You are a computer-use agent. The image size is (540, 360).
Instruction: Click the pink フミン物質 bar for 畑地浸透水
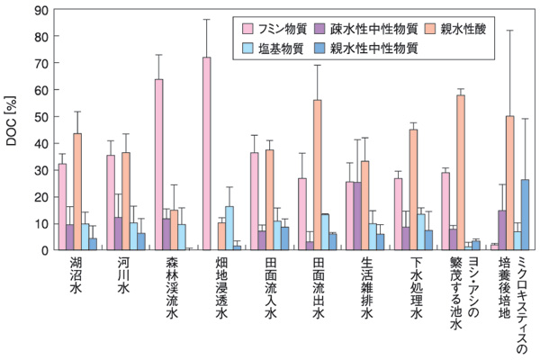pos(207,153)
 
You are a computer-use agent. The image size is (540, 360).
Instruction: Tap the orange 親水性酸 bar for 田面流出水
pos(318,175)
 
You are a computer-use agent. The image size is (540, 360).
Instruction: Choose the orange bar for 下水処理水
pos(413,189)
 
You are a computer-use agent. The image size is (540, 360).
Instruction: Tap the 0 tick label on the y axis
pos(44,249)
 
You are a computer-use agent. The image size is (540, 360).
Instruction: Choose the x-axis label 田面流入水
pos(269,285)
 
